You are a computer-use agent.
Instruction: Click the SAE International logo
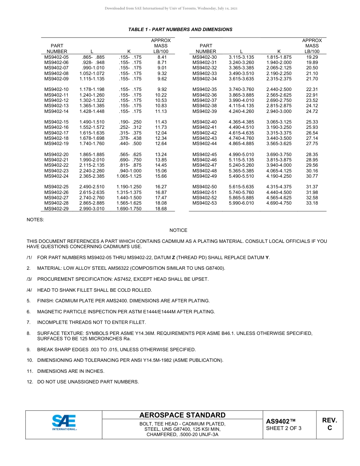[x=64, y=423]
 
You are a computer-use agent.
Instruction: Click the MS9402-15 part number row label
[x=56, y=122]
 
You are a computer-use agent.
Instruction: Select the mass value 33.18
[x=312, y=203]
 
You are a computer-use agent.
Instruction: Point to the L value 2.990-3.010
[x=92, y=209]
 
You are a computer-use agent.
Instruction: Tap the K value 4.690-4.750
[x=279, y=203]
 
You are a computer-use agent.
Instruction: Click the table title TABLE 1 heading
[x=180, y=30]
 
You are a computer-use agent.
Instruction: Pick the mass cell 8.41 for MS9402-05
[x=162, y=57]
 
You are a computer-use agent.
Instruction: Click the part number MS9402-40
[x=205, y=122]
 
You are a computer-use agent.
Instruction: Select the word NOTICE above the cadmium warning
[x=178, y=230]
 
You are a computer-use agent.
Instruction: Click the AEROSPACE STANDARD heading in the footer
[x=182, y=415]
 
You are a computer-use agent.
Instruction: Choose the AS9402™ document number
[x=280, y=421]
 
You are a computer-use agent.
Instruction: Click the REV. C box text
[x=329, y=424]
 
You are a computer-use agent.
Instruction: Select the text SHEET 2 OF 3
[x=283, y=428]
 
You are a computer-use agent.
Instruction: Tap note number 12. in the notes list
[x=30, y=382]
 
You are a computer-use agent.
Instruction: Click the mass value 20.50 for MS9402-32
[x=312, y=68]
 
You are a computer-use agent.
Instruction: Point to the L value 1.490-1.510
[x=92, y=122]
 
